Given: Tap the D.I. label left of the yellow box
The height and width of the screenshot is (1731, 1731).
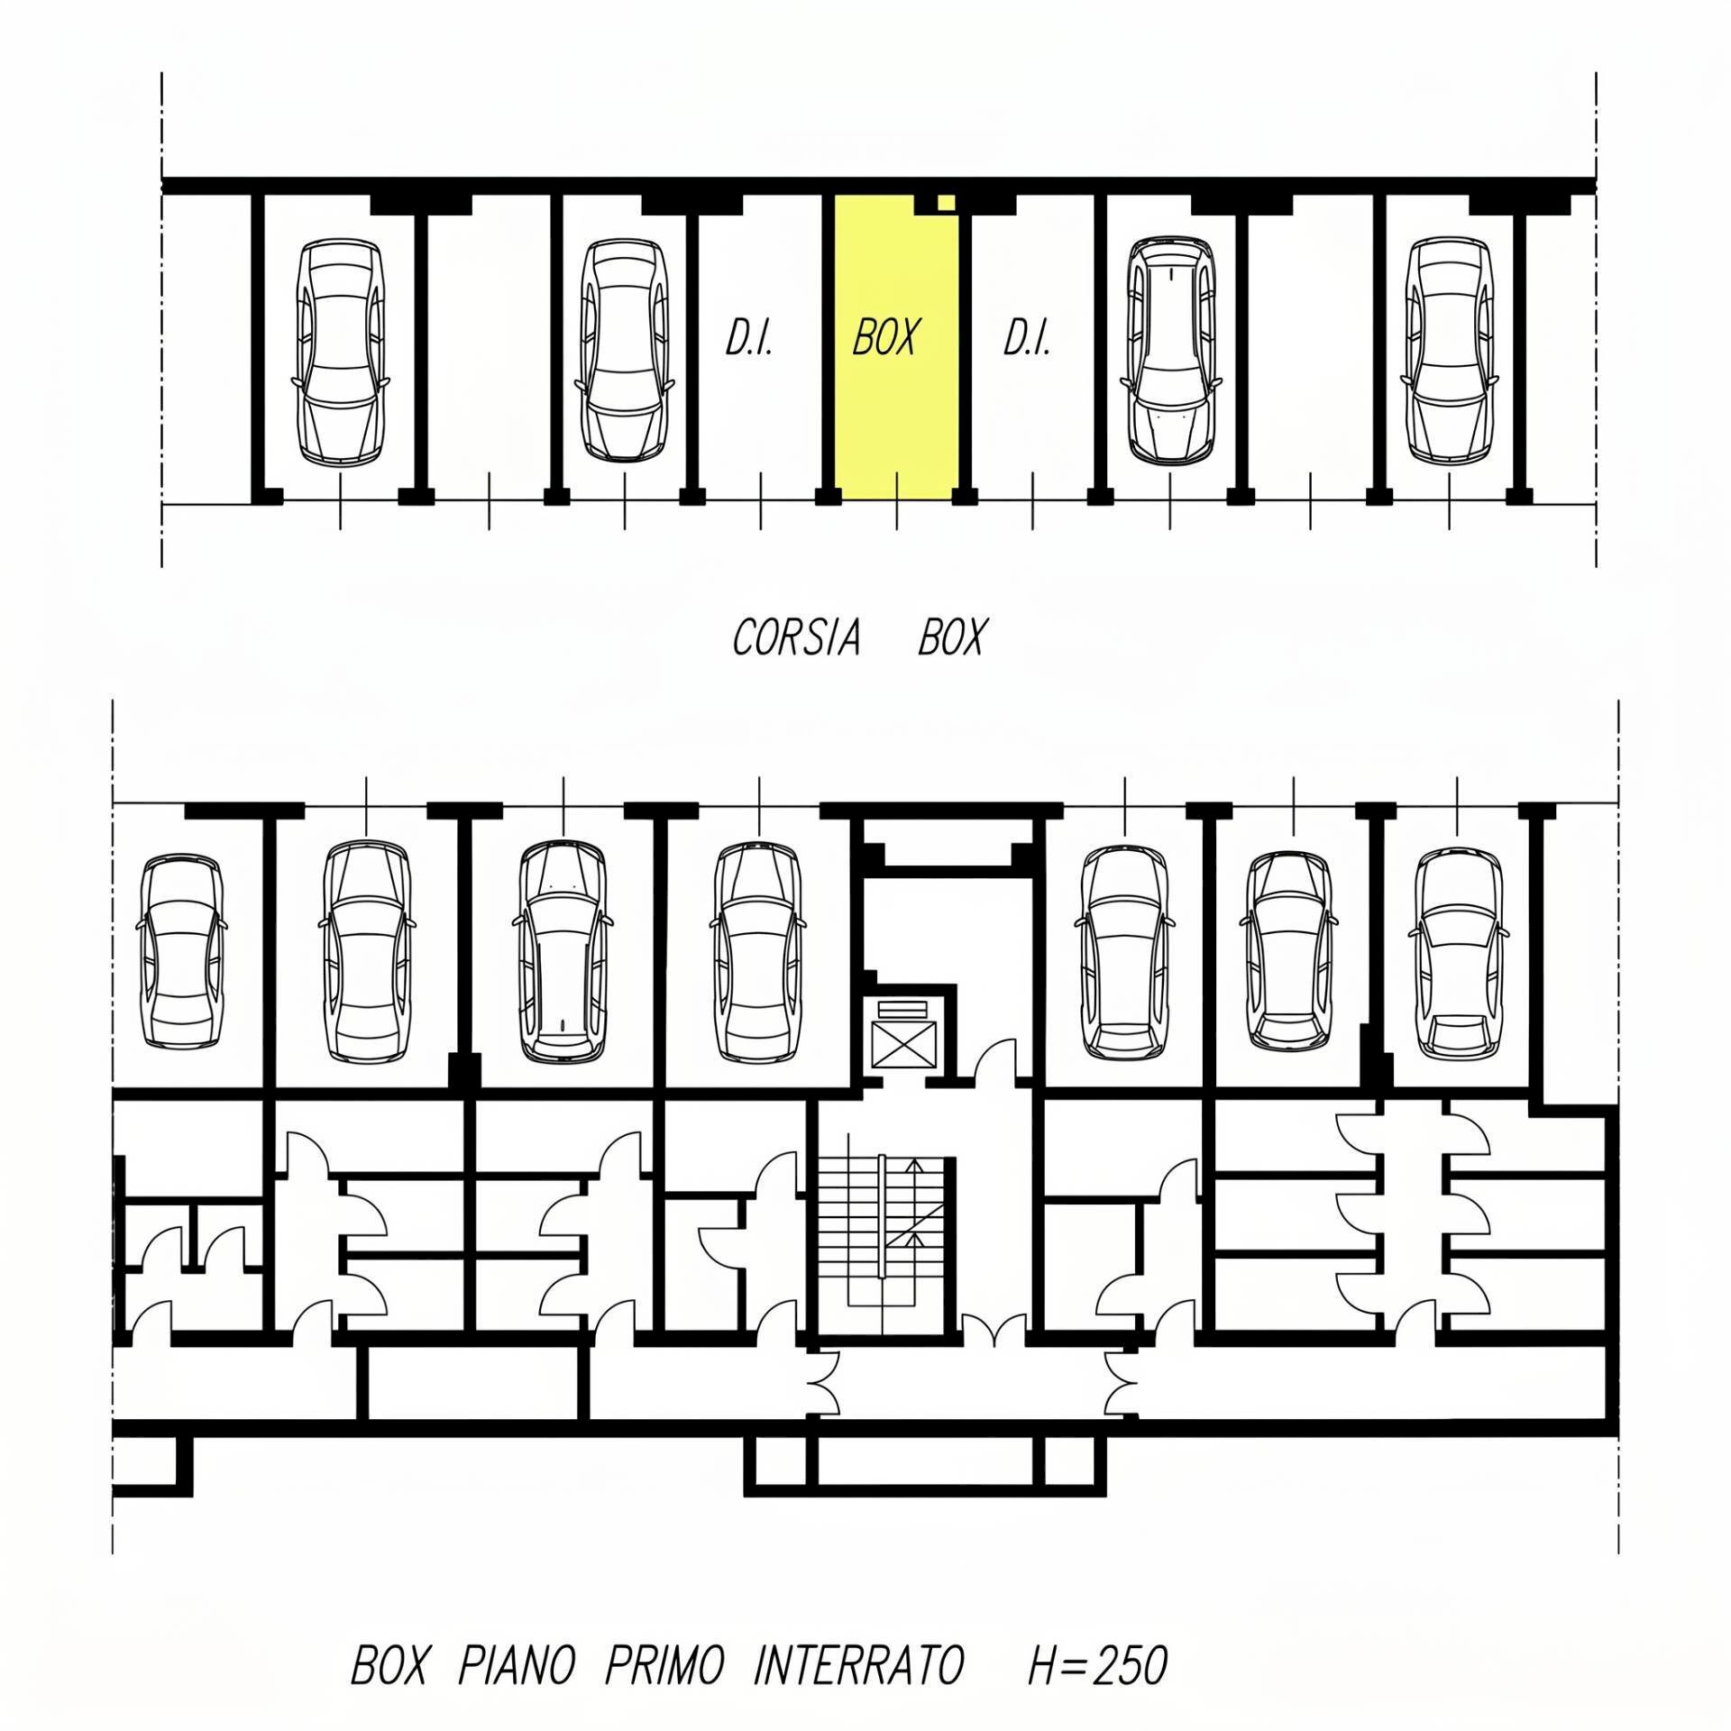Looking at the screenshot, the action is [x=749, y=338].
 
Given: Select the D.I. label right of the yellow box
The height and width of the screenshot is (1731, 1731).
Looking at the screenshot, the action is [x=1027, y=338].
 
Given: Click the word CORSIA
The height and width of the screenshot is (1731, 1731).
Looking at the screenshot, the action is [x=796, y=638].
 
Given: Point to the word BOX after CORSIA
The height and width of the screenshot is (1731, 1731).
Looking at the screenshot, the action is [x=952, y=638].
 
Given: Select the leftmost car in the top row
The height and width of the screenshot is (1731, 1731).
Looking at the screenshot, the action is [x=341, y=352].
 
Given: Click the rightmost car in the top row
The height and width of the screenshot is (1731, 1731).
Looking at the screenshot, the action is [x=1448, y=352].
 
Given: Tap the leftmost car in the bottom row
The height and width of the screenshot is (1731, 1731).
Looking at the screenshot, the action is [x=181, y=952].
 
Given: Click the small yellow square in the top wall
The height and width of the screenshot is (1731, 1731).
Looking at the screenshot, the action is [x=945, y=203].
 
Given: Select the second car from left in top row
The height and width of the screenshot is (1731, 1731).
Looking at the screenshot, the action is [x=624, y=352].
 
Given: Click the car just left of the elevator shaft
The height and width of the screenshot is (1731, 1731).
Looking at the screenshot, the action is [x=757, y=952].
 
